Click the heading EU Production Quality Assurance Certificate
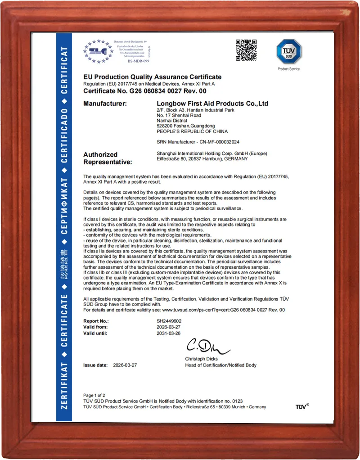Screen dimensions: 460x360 point(153,77)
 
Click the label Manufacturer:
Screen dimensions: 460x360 point(105,104)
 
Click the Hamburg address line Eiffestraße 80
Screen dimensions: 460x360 point(202,159)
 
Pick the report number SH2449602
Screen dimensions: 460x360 point(169,321)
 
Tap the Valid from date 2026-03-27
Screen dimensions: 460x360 point(168,327)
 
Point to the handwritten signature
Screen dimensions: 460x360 point(207,346)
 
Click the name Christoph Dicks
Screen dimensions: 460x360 point(201,359)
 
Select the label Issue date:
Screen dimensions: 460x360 point(95,365)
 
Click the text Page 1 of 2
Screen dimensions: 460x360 point(94,395)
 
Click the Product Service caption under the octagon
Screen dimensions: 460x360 point(288,69)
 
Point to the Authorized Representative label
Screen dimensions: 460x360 point(108,158)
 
